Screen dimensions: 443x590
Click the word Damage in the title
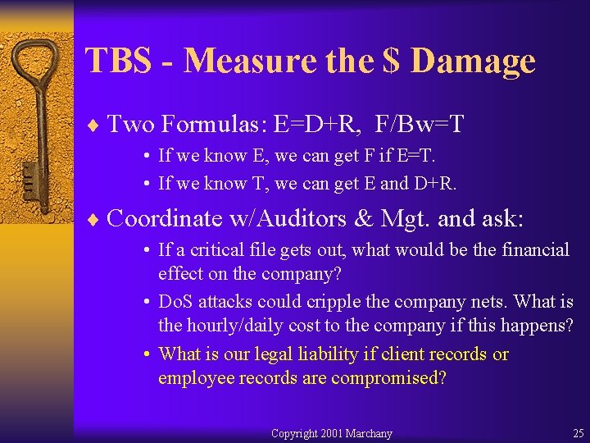pos(473,62)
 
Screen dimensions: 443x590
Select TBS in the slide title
pos(120,62)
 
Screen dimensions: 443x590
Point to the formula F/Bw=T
pos(420,125)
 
